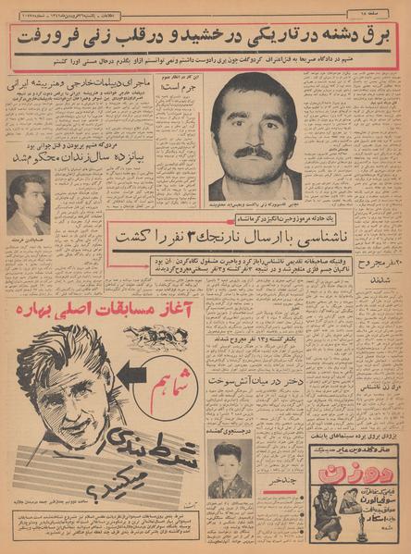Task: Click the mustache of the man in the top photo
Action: [253, 151]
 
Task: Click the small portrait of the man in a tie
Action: [28, 203]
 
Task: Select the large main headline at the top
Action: [206, 35]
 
